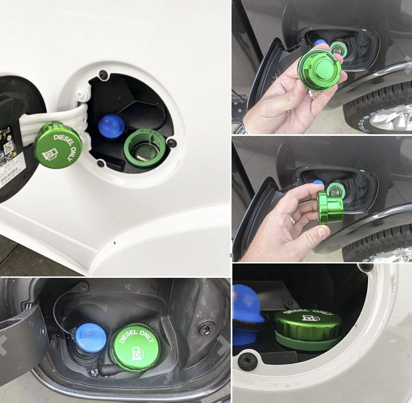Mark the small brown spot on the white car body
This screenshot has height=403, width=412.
115,242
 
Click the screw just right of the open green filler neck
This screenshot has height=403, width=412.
172,142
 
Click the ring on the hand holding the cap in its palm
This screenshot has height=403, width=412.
312,95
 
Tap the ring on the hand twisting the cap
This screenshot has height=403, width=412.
293,220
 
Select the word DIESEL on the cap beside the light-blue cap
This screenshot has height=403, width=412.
128,337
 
